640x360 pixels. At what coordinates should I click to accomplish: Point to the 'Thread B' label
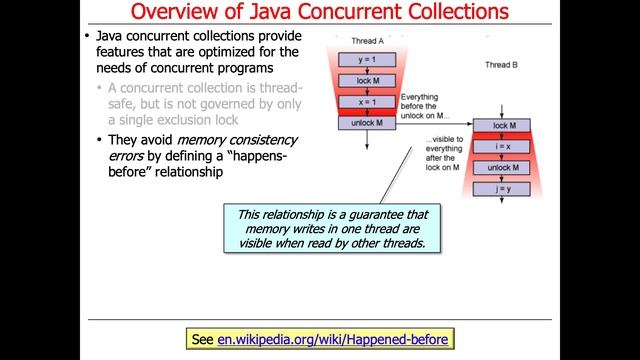503,63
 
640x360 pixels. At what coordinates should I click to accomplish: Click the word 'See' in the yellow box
201,340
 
